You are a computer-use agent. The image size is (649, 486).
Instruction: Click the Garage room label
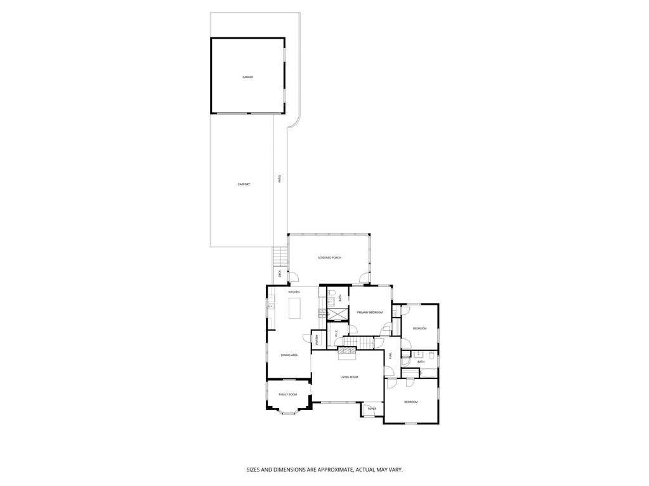point(247,77)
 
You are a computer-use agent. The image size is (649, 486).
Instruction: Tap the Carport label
point(244,184)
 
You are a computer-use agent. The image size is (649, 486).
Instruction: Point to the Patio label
point(280,179)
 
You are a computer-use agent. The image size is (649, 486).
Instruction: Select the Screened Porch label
point(329,258)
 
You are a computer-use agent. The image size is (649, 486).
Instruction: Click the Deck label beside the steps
point(279,274)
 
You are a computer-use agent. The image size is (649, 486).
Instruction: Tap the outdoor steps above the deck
point(280,257)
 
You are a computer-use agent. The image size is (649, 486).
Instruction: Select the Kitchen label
point(294,292)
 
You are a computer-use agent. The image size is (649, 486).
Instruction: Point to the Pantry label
point(315,340)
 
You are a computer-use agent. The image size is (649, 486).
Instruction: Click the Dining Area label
point(289,355)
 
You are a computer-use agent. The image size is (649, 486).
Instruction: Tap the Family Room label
point(287,394)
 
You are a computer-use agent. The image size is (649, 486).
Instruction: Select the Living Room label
point(349,377)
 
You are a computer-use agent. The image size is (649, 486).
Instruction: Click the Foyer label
point(372,409)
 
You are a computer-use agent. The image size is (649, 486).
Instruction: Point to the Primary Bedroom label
point(369,312)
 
